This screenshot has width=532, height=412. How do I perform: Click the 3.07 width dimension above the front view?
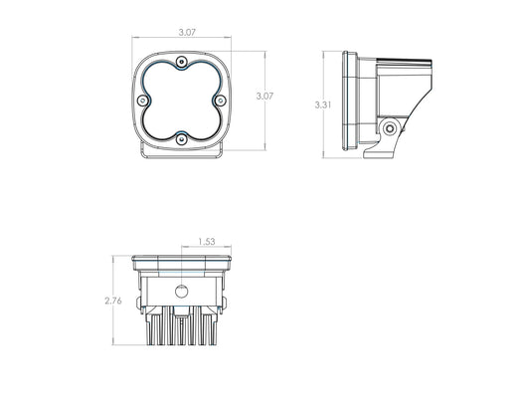click(x=187, y=32)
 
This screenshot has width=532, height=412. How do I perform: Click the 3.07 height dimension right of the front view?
click(x=265, y=97)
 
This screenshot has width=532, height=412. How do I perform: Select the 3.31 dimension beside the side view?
click(x=323, y=104)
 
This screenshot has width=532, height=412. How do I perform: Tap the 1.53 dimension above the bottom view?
click(x=207, y=242)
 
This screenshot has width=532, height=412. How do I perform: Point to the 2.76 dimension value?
click(x=113, y=301)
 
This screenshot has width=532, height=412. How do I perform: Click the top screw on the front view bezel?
click(x=182, y=62)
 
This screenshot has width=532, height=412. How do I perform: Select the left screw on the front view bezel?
click(x=143, y=101)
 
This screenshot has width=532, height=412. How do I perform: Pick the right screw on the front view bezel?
click(x=221, y=101)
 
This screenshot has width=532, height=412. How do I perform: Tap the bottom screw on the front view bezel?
click(x=182, y=139)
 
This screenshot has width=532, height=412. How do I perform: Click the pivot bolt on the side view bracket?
click(x=390, y=128)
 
